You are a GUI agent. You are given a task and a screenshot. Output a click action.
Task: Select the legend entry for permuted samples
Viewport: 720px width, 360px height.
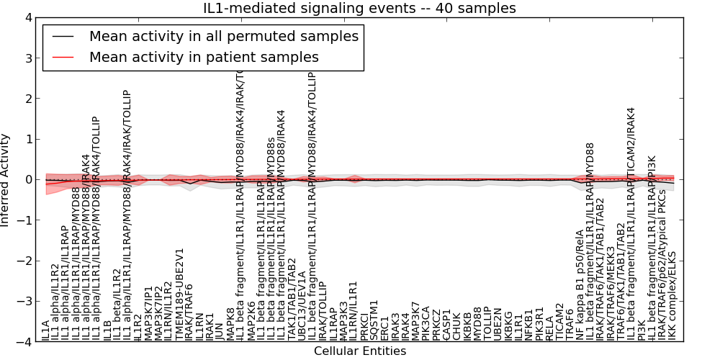click(x=223, y=36)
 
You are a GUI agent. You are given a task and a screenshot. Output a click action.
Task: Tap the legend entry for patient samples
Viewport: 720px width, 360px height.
click(x=204, y=57)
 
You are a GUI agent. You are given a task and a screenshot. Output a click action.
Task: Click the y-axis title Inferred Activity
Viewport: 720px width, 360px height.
click(x=6, y=180)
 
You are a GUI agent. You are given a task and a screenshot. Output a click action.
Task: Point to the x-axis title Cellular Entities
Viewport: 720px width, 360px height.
click(x=360, y=351)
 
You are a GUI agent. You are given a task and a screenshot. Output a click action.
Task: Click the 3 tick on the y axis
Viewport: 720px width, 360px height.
click(x=28, y=58)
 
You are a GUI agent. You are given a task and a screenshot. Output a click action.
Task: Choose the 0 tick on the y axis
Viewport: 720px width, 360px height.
click(x=28, y=179)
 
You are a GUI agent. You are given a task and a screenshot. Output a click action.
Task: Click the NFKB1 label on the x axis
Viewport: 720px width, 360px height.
click(x=529, y=325)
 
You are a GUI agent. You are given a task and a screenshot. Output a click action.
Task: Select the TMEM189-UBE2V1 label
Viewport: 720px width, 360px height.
click(x=179, y=294)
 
